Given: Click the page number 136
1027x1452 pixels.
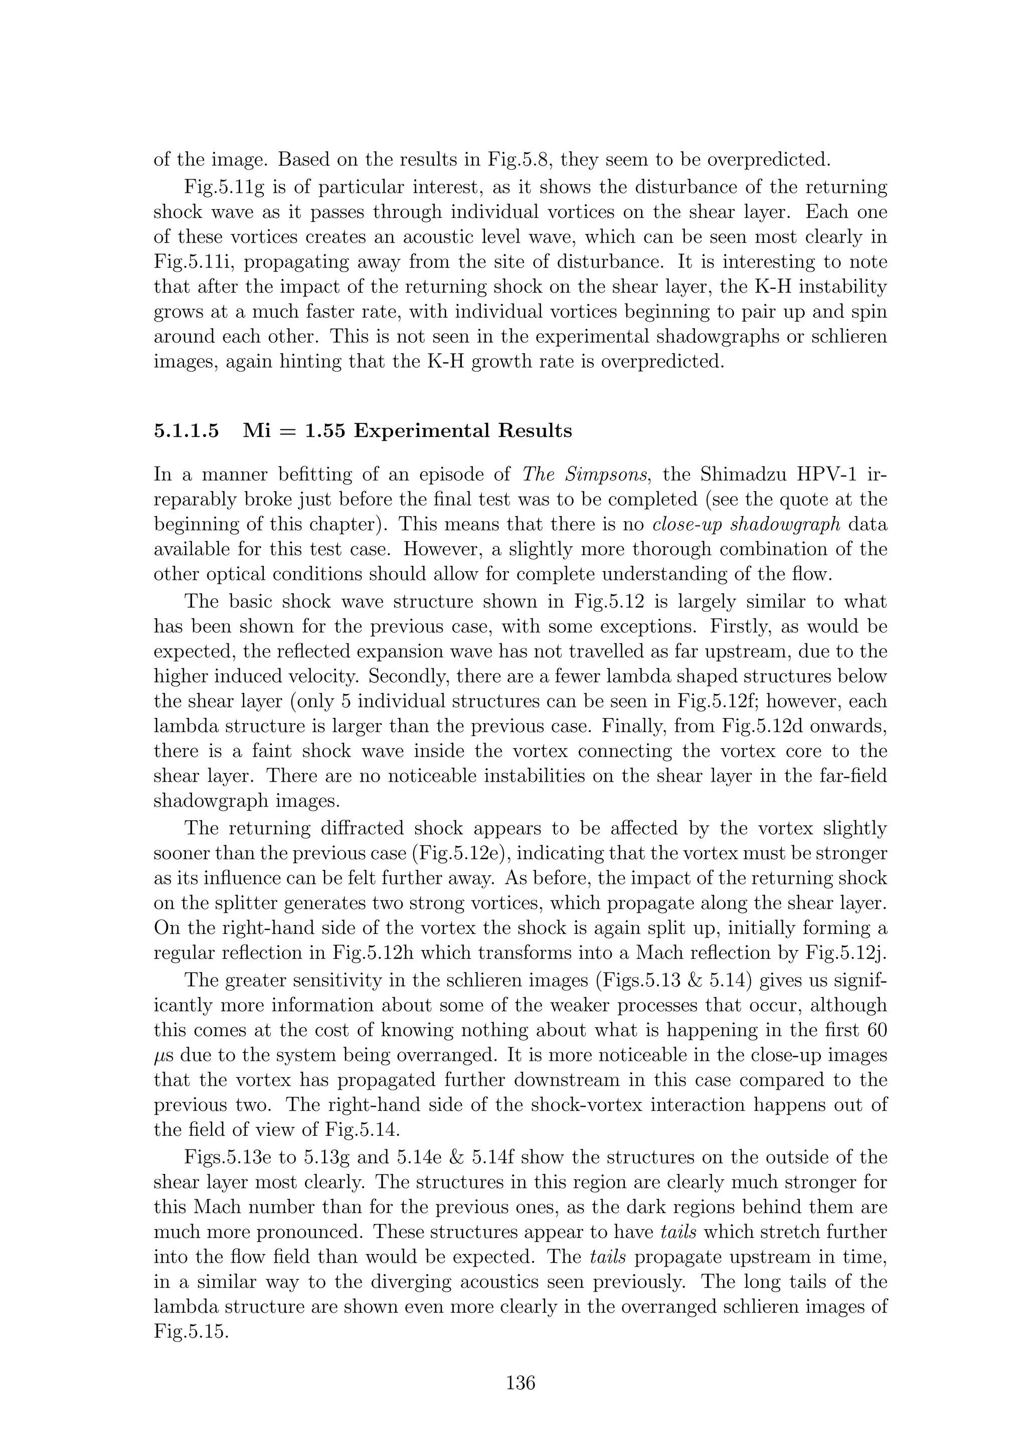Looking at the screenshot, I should click(x=520, y=1383).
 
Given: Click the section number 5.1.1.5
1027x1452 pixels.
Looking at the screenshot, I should click(x=187, y=431).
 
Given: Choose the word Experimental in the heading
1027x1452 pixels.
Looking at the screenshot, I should click(x=420, y=431).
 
